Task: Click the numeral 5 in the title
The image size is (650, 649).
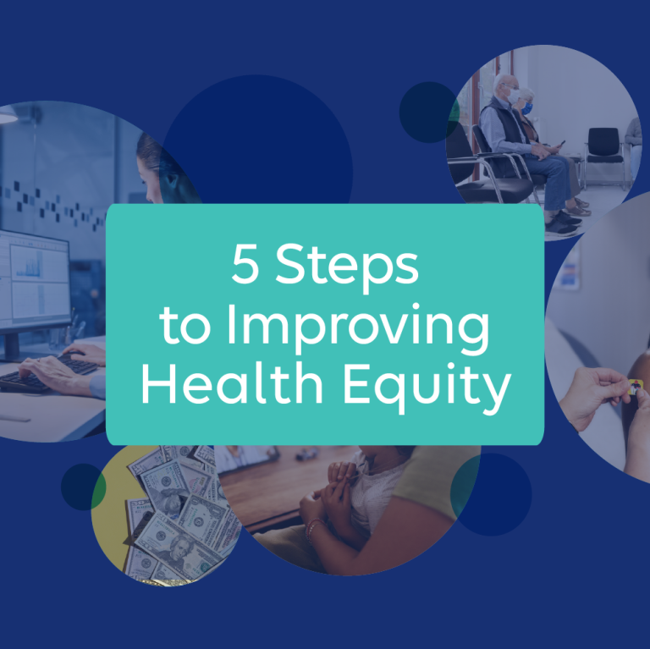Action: [x=245, y=267]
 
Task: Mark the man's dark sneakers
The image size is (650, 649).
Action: [x=562, y=221]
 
